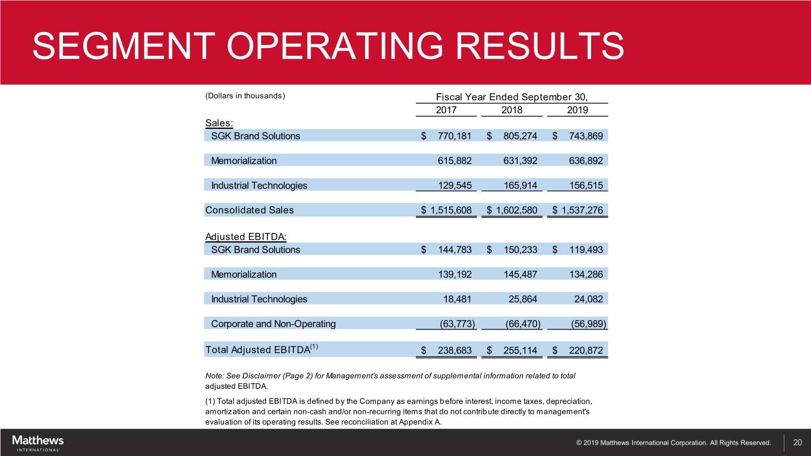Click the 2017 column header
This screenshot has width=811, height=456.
446,110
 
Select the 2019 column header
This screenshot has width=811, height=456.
577,110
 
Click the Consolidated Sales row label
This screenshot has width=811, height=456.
249,210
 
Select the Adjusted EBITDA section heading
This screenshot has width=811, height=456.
245,237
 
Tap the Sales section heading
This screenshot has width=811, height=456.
219,123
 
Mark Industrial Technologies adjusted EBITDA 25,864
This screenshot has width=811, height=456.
520,299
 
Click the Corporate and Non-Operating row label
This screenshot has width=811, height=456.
273,324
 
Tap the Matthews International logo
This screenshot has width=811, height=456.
37,443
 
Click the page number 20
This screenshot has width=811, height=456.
797,443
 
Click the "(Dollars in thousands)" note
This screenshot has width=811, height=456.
245,96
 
